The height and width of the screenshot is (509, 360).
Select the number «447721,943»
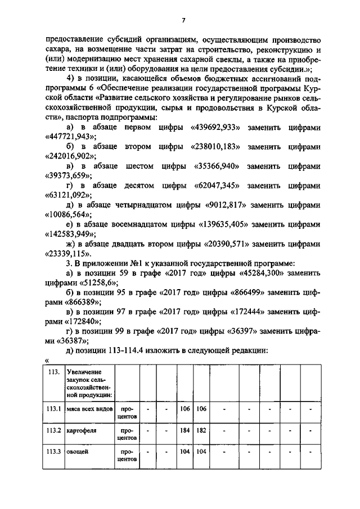click(x=70, y=137)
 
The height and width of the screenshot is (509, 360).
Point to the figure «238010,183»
click(x=213, y=147)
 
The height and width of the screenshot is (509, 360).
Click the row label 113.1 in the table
click(x=53, y=409)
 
